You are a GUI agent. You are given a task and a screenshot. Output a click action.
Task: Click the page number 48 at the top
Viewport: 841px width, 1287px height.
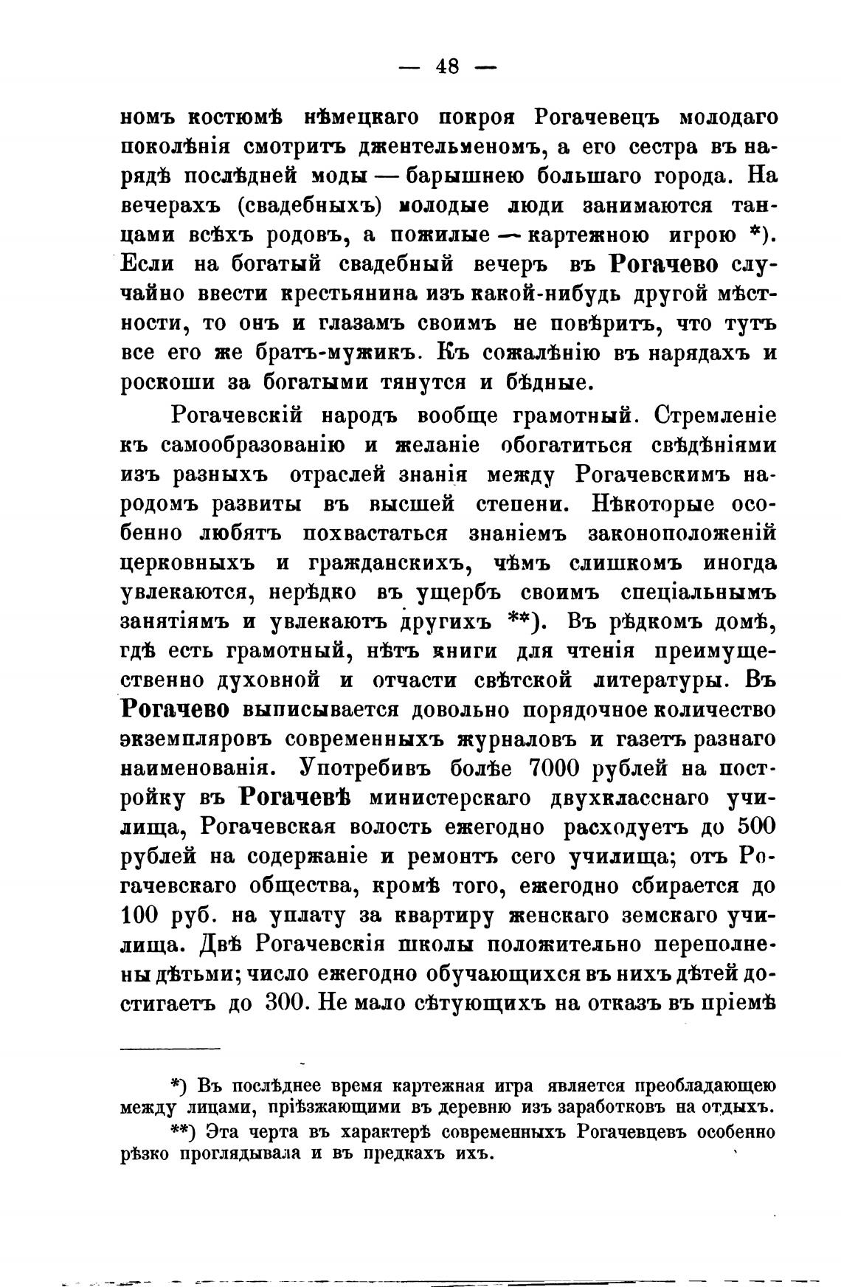pyautogui.click(x=447, y=66)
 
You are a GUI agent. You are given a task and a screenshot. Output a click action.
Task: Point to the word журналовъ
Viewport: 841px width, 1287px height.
pyautogui.click(x=477, y=739)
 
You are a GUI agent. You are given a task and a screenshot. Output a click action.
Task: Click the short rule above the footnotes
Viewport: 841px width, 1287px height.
pyautogui.click(x=170, y=1049)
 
